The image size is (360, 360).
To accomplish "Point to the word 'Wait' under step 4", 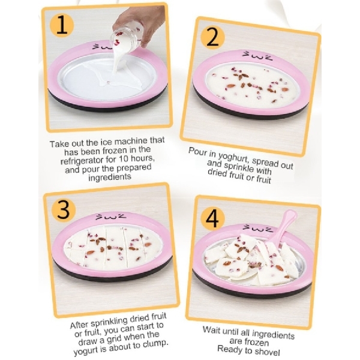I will click(211, 331).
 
